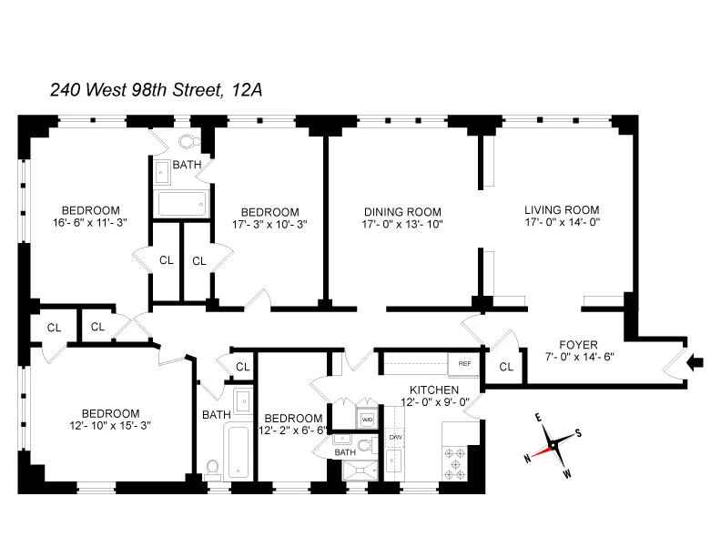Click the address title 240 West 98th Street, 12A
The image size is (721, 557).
click(x=156, y=89)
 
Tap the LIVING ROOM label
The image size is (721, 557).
click(x=562, y=208)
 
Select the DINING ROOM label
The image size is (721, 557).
click(x=402, y=210)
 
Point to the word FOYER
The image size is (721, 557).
click(x=578, y=345)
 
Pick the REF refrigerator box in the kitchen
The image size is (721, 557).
click(x=464, y=364)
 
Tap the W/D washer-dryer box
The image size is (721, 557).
click(x=368, y=420)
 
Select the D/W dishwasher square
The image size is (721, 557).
click(x=395, y=438)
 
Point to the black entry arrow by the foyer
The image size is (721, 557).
click(x=696, y=364)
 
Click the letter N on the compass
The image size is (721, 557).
click(x=527, y=459)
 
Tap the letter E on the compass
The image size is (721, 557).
click(x=538, y=418)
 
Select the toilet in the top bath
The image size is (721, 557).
click(x=189, y=142)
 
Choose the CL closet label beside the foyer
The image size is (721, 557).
click(x=506, y=368)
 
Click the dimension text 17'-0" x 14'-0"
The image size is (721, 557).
click(x=562, y=222)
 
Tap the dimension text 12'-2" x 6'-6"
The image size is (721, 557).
click(x=293, y=430)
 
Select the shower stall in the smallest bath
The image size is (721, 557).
click(x=358, y=469)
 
